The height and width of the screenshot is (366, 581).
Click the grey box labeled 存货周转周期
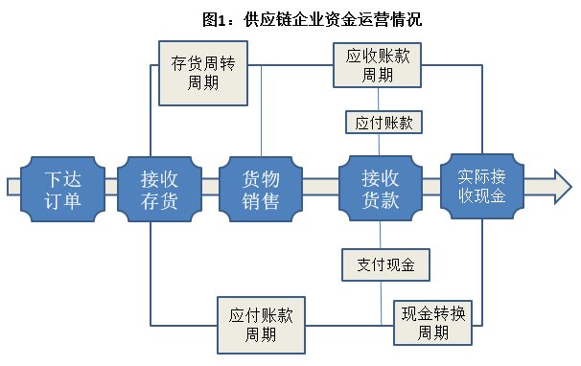point(204,73)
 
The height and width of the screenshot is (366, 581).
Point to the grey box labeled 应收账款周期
point(378,65)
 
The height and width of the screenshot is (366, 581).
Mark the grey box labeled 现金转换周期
point(433,323)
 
